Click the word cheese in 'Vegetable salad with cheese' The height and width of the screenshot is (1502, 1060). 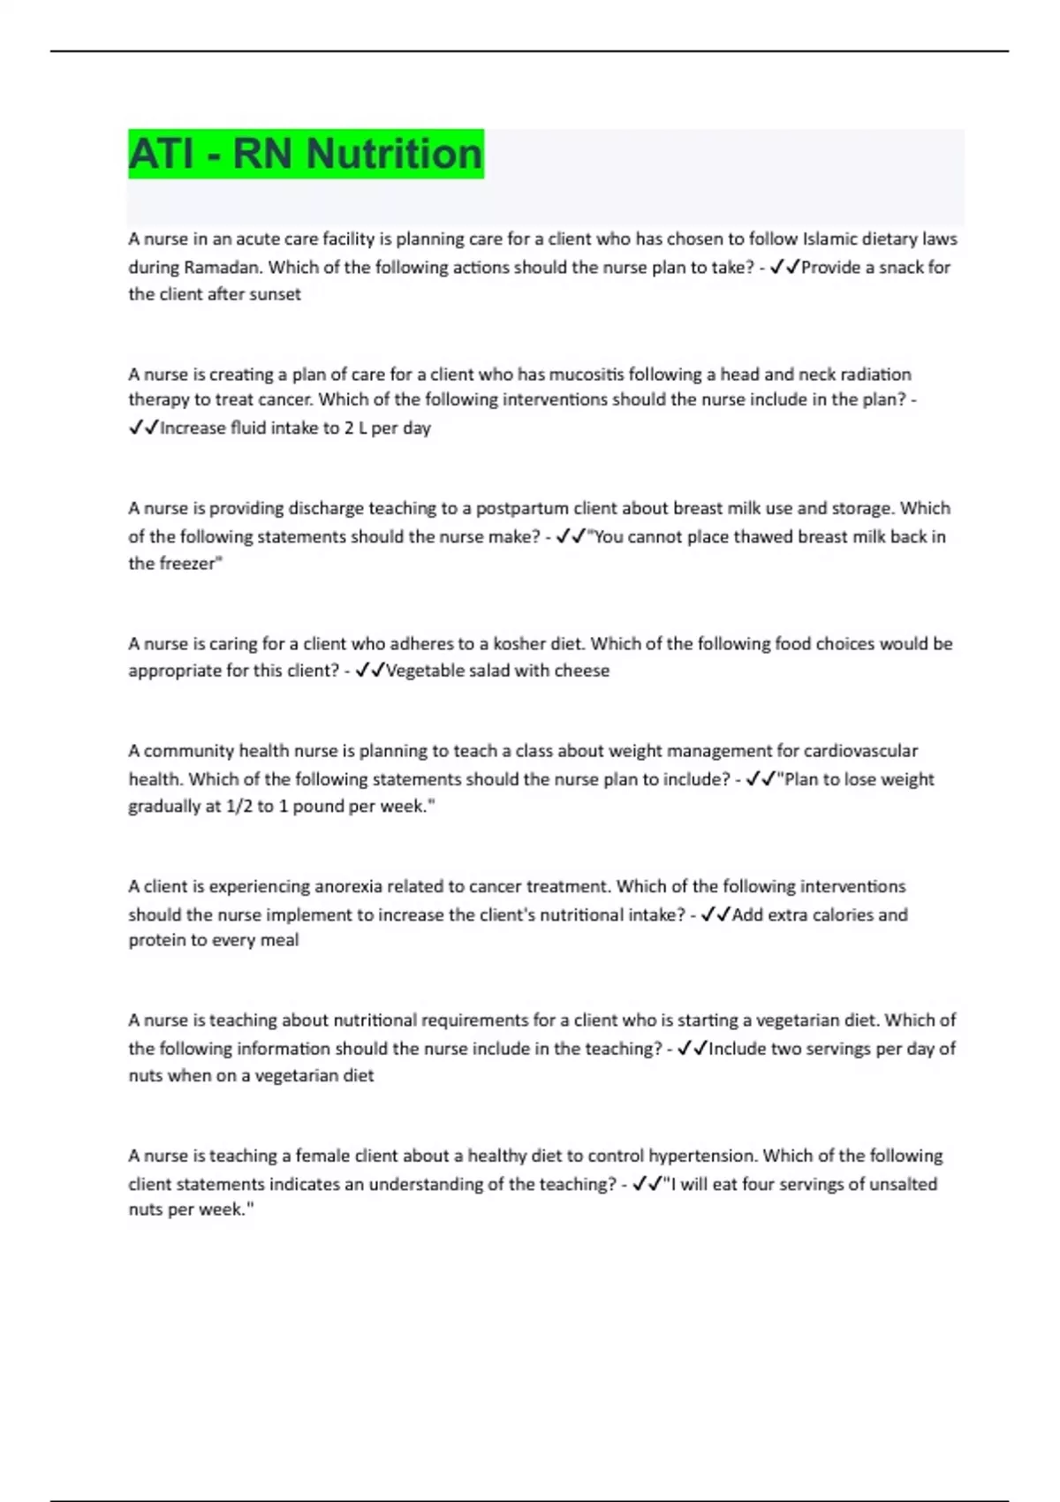(581, 671)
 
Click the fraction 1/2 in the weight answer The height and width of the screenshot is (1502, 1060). (238, 806)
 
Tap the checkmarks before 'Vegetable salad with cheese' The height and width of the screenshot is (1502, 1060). (369, 671)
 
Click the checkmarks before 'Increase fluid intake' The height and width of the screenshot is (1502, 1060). (143, 428)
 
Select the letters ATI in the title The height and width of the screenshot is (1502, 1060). (160, 154)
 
